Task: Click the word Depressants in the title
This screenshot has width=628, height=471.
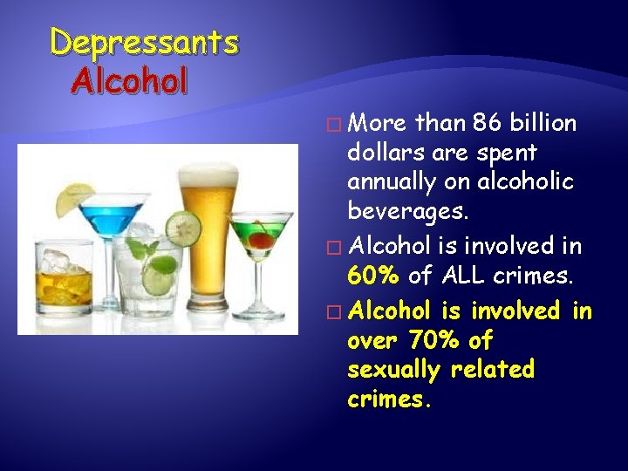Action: coord(143,42)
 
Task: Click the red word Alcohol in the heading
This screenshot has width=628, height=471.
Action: coord(130,81)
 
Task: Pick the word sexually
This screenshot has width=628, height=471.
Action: coord(394,370)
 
